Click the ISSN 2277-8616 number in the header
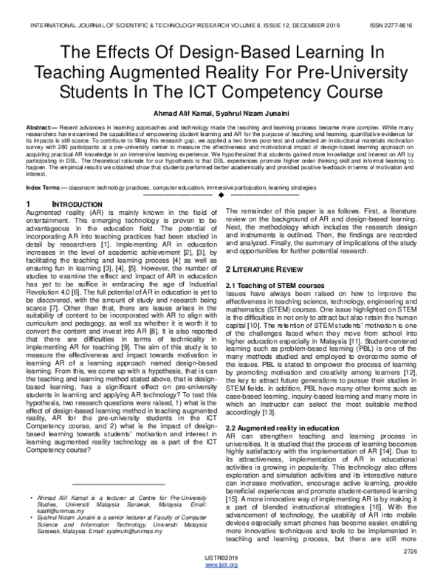(x=409, y=24)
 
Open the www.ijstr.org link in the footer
(x=221, y=565)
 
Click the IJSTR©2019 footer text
(x=221, y=557)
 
